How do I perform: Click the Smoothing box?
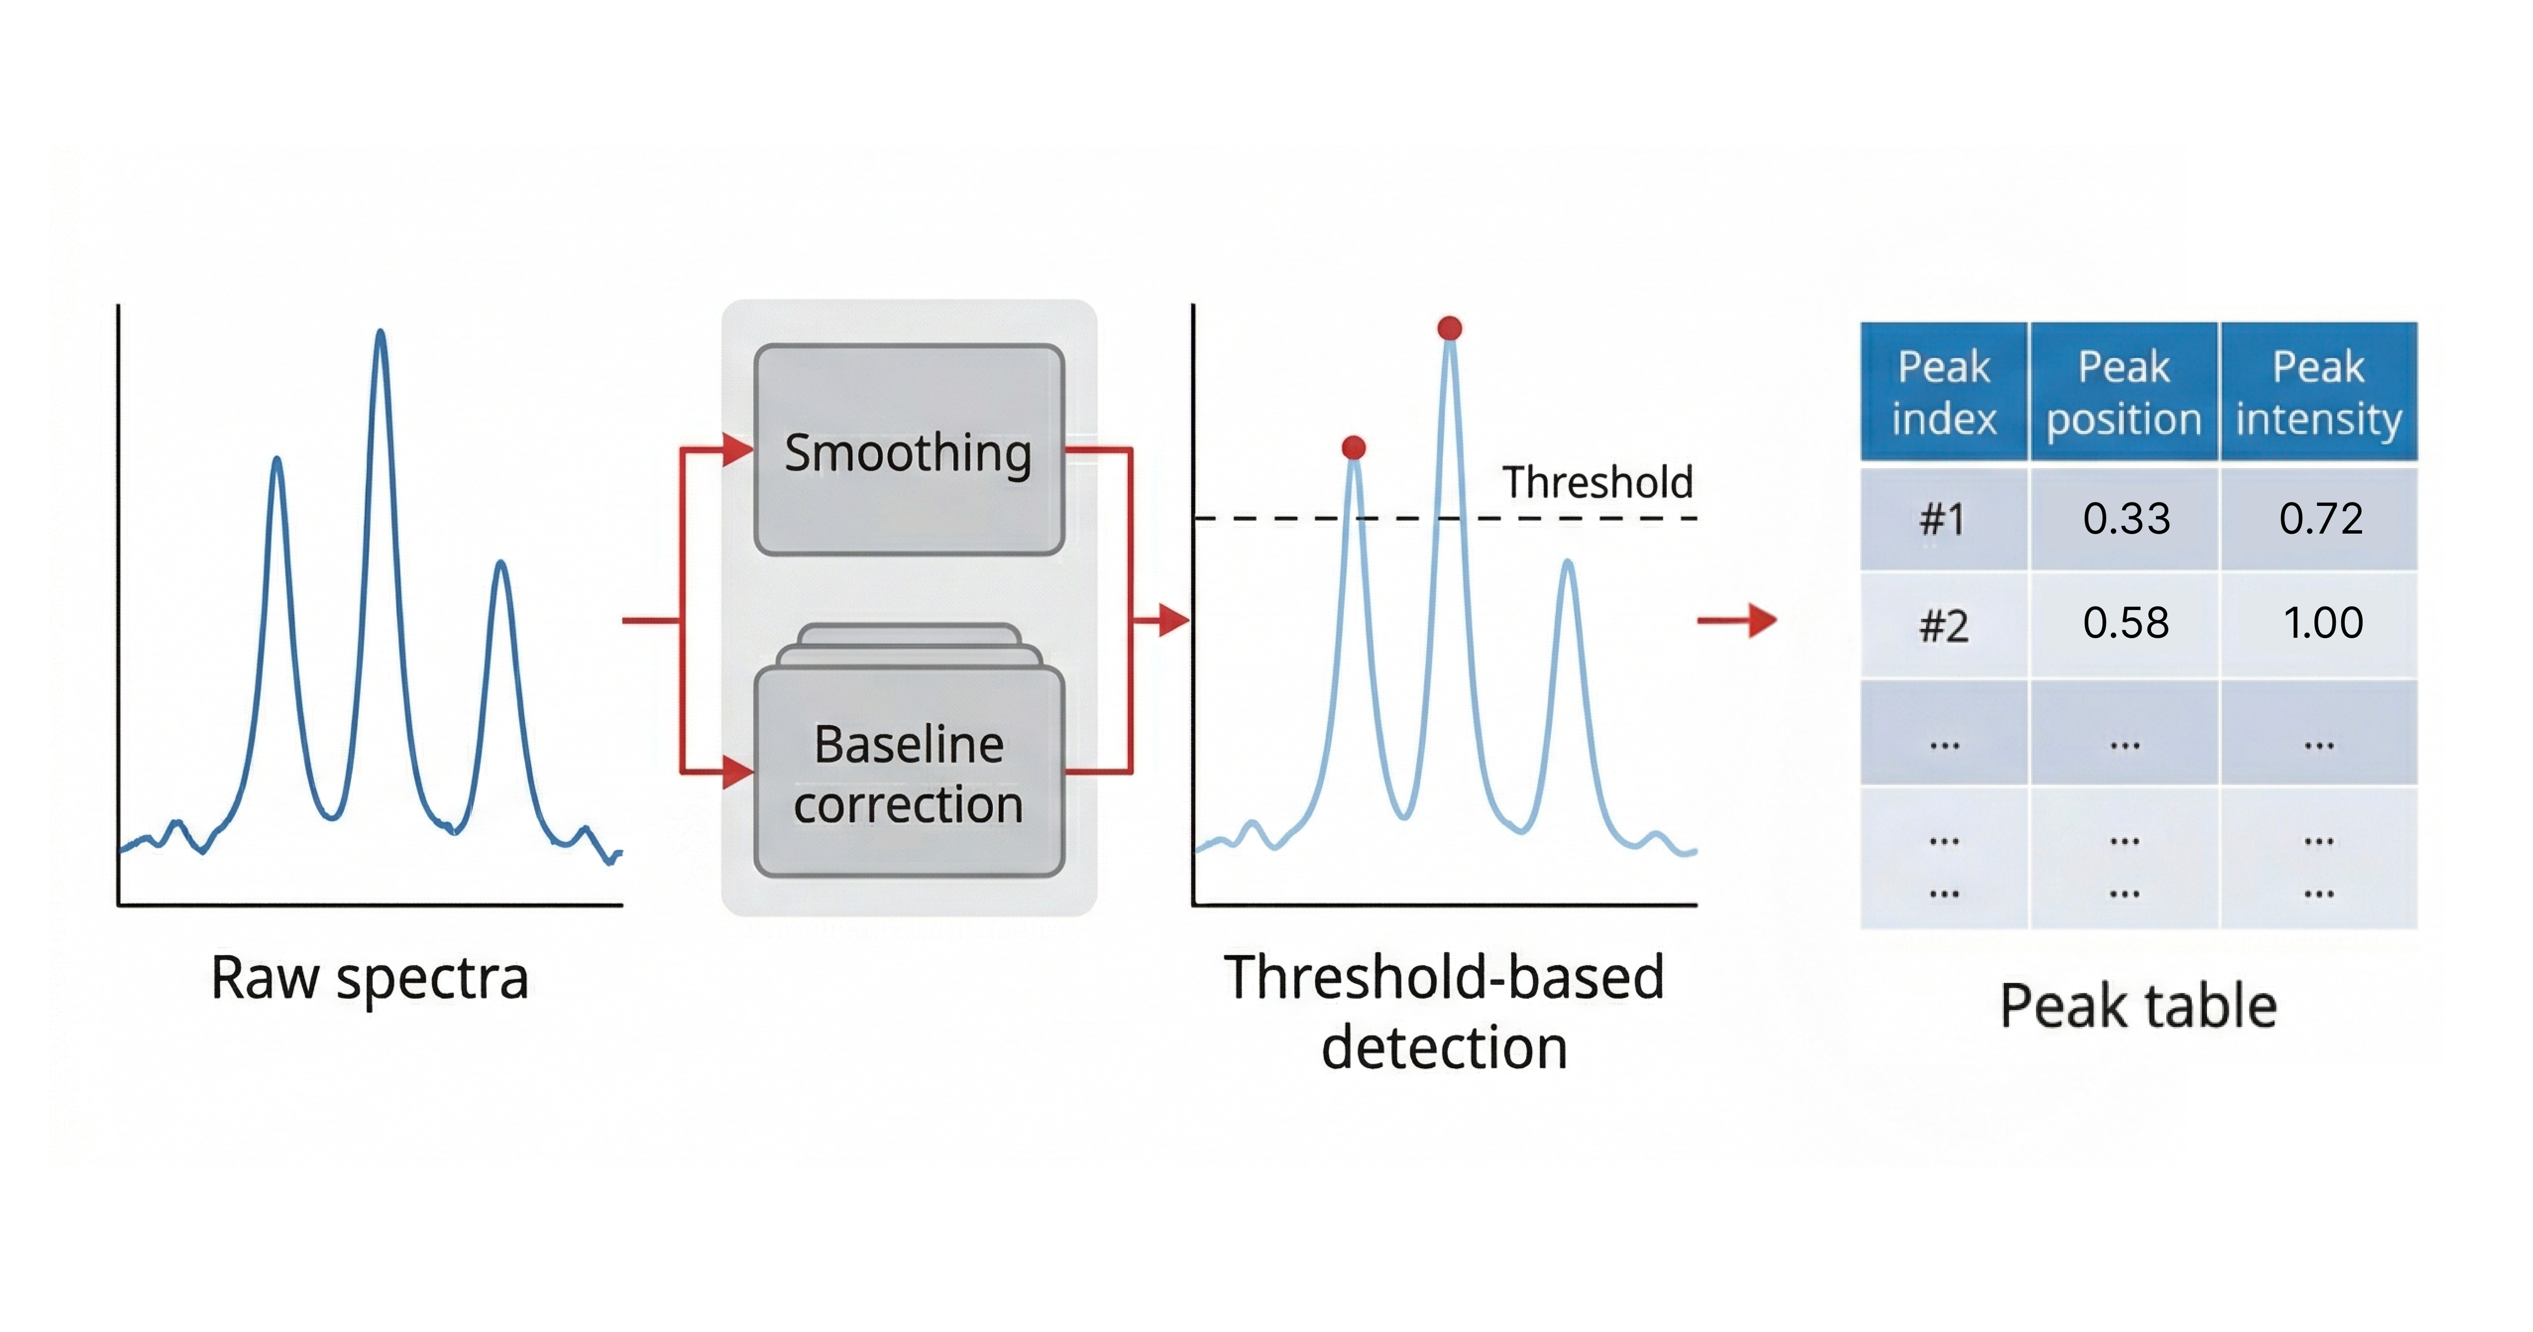click(x=909, y=451)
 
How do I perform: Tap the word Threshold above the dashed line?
click(x=1597, y=482)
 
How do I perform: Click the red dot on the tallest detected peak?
click(x=1449, y=328)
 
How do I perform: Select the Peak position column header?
click(x=2124, y=392)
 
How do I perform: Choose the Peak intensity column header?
click(x=2318, y=392)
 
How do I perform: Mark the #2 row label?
click(x=1944, y=625)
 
